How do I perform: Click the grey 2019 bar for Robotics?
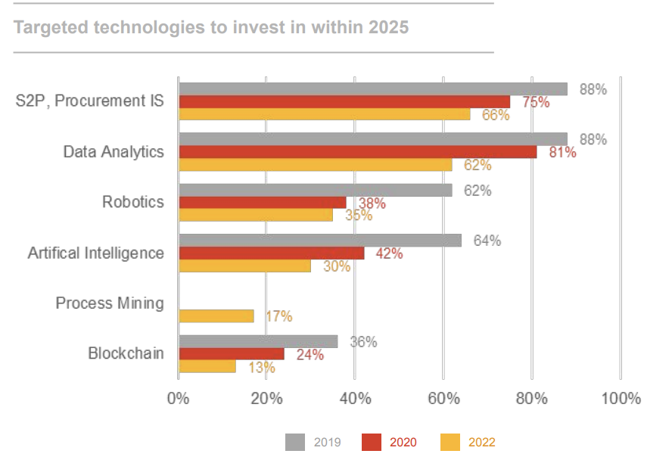(x=315, y=190)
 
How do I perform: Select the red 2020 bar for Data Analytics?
(x=357, y=152)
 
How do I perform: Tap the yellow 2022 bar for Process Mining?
(x=216, y=316)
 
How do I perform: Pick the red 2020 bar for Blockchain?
(x=231, y=354)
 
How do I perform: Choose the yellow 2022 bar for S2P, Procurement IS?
(x=324, y=114)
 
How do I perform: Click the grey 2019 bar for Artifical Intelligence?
(x=319, y=241)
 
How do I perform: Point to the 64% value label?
(x=487, y=241)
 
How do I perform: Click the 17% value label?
(x=278, y=316)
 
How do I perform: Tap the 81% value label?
(x=562, y=152)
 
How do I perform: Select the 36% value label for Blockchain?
(x=363, y=342)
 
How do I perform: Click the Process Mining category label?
(x=110, y=303)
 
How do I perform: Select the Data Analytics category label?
(x=114, y=152)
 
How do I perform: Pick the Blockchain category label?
(x=126, y=353)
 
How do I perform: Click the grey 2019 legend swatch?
(x=295, y=442)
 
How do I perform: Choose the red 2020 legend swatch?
(x=372, y=442)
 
